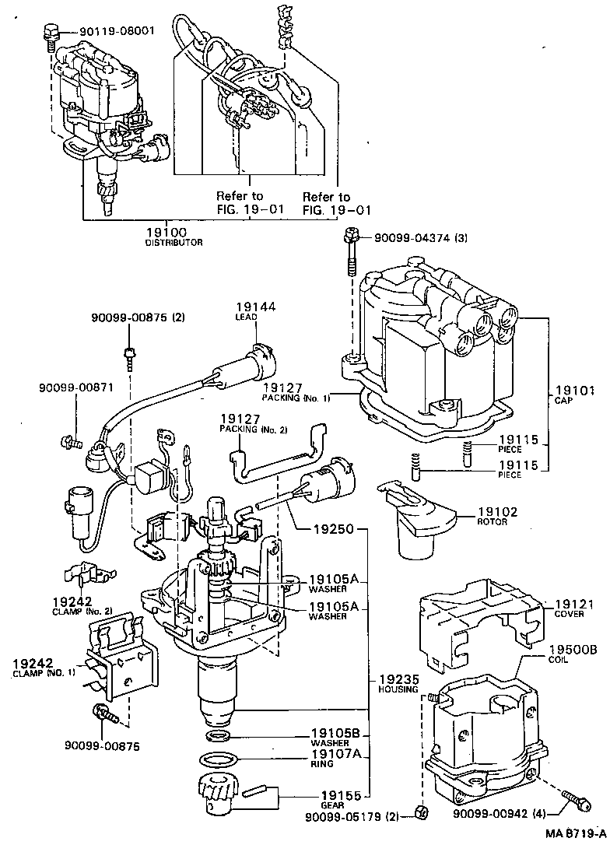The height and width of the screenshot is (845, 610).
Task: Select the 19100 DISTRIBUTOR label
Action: (x=174, y=237)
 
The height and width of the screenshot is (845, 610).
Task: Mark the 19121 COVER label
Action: (x=573, y=608)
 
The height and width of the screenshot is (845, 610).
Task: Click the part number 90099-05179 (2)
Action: (x=351, y=816)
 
